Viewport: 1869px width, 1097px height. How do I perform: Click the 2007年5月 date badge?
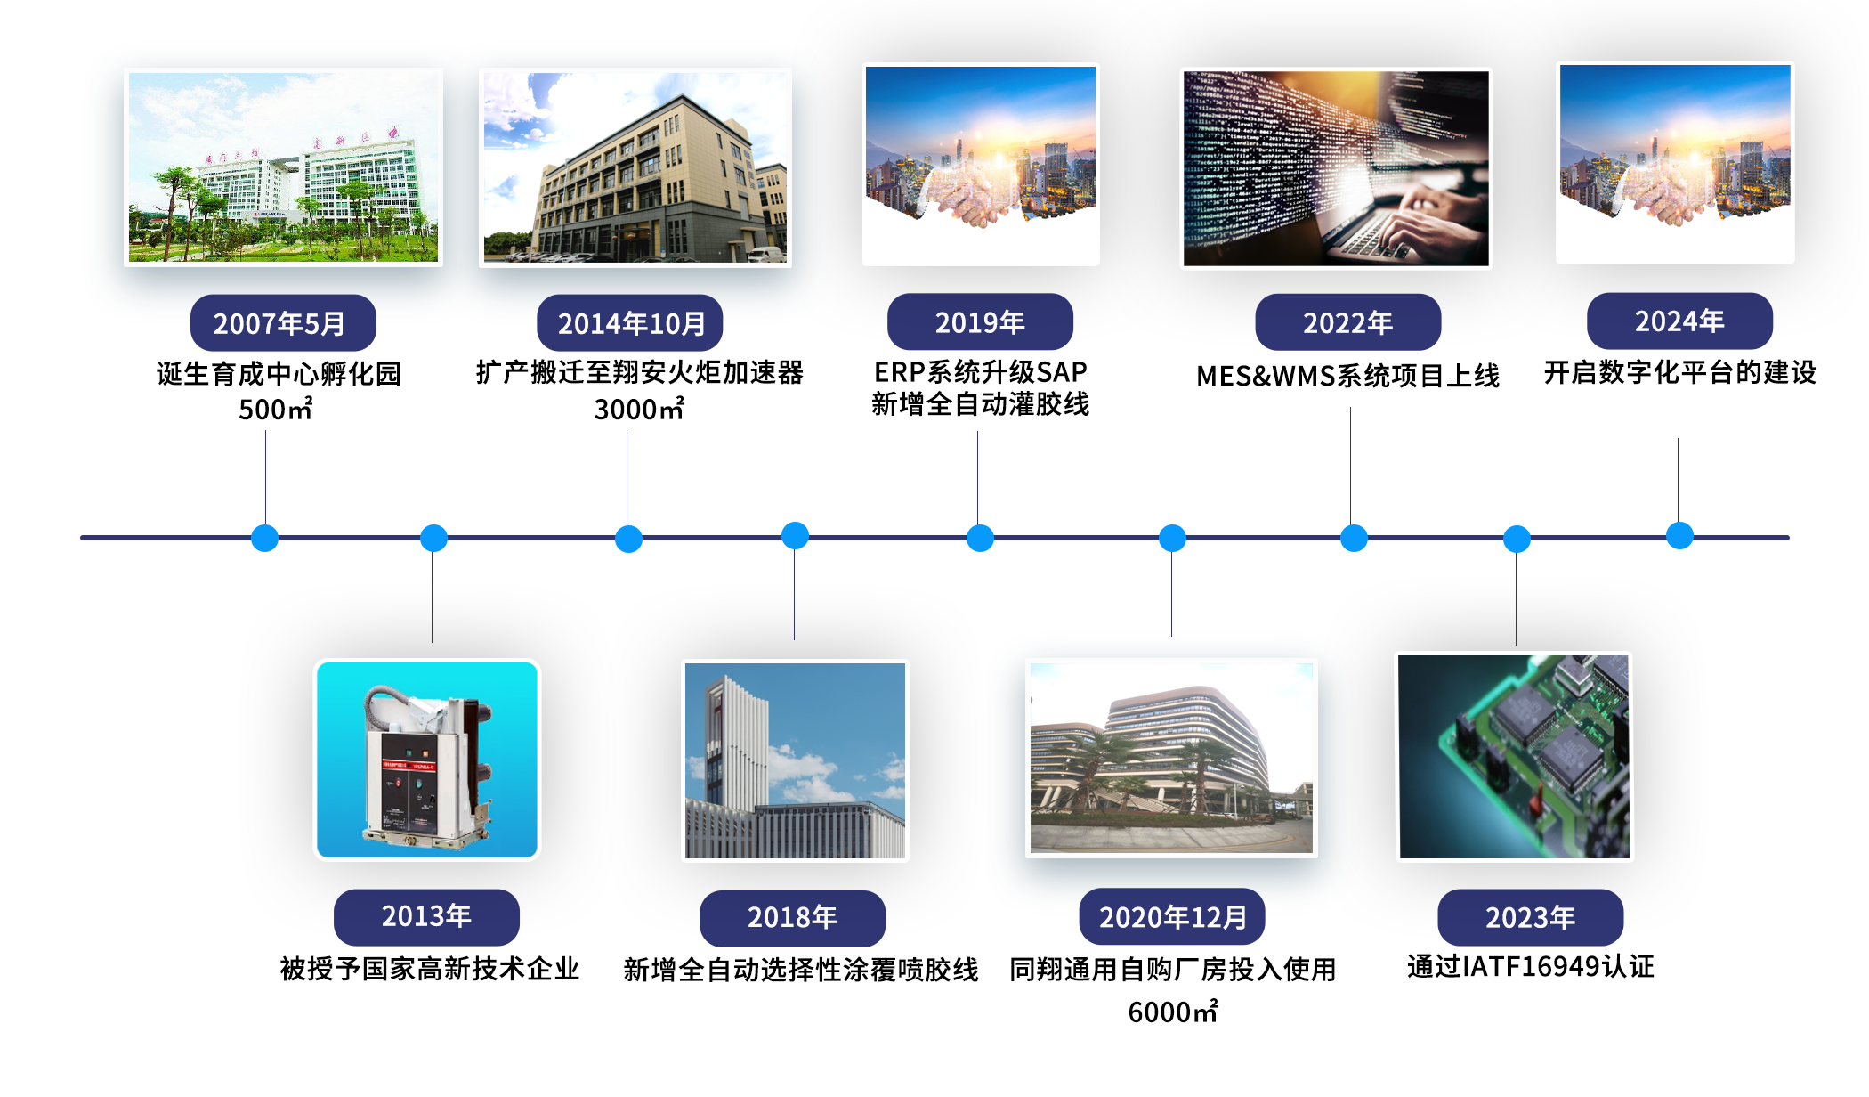(x=283, y=322)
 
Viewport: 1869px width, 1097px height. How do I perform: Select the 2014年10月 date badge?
(x=630, y=322)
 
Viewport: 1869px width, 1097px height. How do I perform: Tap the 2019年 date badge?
(x=980, y=321)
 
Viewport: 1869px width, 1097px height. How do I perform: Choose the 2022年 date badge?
(x=1347, y=321)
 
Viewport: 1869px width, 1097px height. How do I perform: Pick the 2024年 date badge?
(x=1679, y=321)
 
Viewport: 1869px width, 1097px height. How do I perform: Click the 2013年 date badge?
(x=426, y=916)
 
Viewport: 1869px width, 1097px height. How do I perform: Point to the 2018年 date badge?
(x=792, y=917)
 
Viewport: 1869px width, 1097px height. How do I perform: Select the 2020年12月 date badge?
(x=1172, y=916)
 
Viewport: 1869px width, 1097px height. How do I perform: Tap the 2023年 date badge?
(x=1530, y=917)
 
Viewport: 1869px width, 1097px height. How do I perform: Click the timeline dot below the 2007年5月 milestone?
(x=264, y=538)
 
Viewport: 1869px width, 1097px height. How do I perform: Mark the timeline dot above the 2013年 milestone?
(x=433, y=538)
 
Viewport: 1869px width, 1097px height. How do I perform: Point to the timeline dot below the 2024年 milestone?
(x=1679, y=535)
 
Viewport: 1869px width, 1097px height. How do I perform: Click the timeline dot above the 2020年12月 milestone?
(x=1172, y=538)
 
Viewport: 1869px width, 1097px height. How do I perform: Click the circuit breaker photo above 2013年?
(x=427, y=760)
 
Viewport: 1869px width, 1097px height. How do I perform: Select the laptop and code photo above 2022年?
(x=1336, y=168)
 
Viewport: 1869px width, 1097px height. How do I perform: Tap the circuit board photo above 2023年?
(x=1514, y=757)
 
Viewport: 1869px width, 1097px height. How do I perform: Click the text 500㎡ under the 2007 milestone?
(x=276, y=409)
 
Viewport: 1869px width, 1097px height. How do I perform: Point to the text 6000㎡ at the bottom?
(x=1172, y=1012)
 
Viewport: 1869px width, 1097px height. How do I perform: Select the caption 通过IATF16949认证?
(x=1530, y=966)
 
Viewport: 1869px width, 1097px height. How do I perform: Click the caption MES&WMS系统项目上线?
(x=1347, y=376)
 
